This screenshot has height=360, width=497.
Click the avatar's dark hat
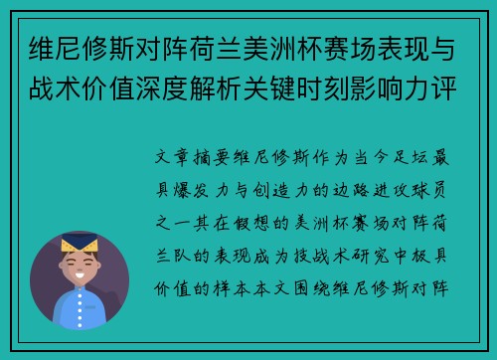[x=80, y=242]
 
